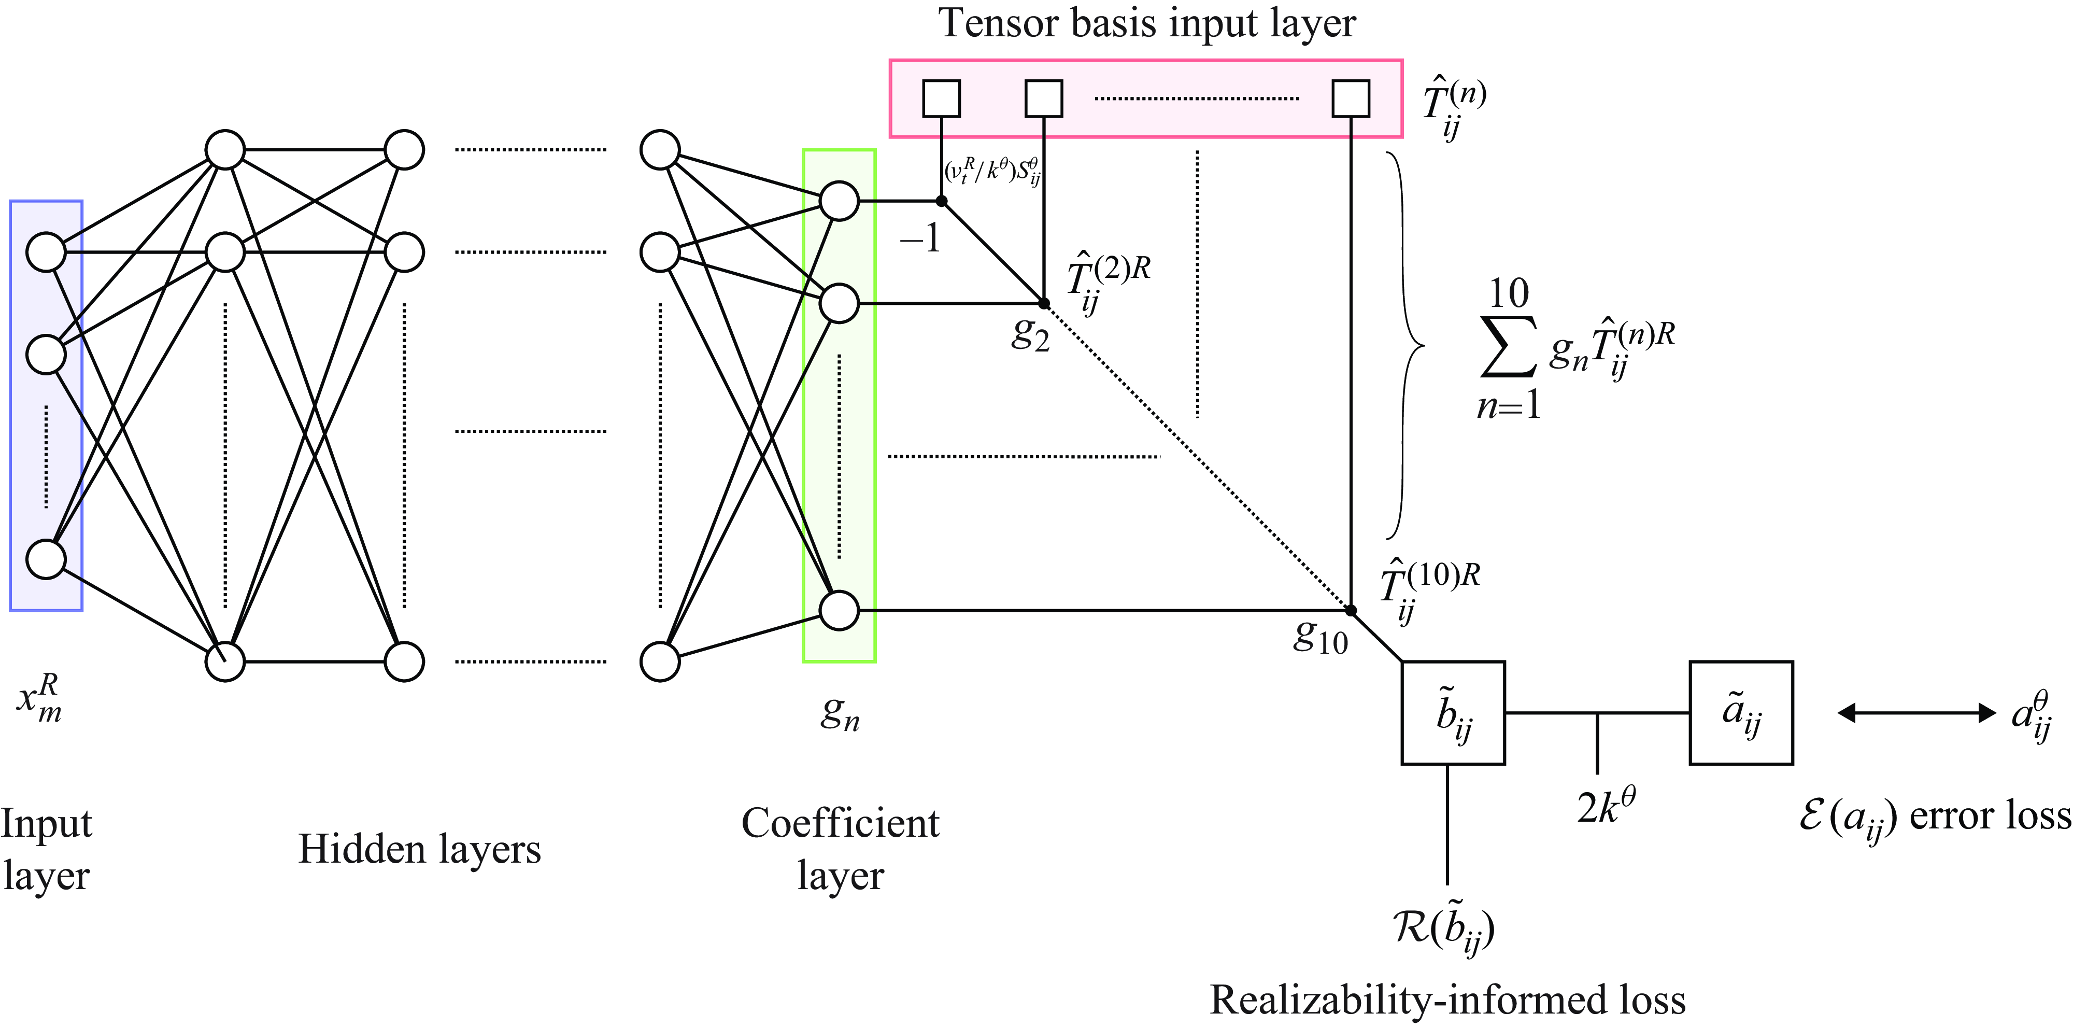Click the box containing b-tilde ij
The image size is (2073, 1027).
point(1453,712)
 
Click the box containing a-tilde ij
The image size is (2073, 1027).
point(1741,712)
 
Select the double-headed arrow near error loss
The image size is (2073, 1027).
point(1917,712)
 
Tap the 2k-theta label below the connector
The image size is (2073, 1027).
point(1606,807)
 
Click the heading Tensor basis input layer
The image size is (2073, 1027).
point(1147,22)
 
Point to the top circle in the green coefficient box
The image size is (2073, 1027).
point(840,201)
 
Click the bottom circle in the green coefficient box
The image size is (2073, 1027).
point(840,611)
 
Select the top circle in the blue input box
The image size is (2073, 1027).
point(46,252)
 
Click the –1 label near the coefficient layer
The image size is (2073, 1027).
point(920,238)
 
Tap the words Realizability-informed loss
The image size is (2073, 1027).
point(1447,1000)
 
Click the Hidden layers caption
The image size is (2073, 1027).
point(419,849)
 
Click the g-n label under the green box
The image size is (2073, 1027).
point(840,712)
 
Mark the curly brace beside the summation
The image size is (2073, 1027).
point(1404,346)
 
